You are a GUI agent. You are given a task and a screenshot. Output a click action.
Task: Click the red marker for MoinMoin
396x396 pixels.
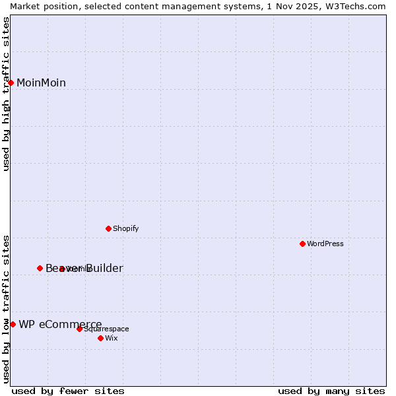point(11,82)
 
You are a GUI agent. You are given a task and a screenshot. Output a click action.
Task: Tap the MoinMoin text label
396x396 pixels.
point(41,82)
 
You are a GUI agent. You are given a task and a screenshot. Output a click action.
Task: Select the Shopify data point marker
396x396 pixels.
point(108,228)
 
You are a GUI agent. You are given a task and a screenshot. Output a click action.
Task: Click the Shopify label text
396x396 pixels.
point(125,229)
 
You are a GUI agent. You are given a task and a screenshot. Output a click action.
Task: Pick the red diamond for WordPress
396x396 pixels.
point(302,244)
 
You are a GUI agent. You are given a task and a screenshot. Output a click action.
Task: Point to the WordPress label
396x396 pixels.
point(325,244)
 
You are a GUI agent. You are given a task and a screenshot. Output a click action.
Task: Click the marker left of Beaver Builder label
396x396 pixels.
point(40,268)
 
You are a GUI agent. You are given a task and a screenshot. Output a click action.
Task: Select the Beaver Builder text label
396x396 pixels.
point(84,268)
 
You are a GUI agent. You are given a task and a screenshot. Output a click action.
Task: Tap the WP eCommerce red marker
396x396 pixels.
point(13,324)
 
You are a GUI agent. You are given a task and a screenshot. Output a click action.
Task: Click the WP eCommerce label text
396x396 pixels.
point(60,324)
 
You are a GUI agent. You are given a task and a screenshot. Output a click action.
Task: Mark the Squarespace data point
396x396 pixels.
point(79,329)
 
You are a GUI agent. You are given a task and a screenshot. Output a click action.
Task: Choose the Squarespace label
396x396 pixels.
point(107,329)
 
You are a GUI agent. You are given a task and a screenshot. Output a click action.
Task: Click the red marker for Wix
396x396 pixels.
point(100,338)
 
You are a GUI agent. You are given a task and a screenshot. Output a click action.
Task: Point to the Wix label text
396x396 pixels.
point(112,339)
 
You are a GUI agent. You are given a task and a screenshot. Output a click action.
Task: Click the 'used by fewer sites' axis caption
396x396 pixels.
point(68,391)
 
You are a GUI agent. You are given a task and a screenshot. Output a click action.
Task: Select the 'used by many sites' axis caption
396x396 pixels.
point(331,391)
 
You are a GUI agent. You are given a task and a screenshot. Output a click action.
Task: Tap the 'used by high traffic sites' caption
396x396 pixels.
point(7,94)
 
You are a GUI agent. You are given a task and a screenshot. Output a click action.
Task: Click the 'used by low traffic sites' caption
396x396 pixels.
point(7,308)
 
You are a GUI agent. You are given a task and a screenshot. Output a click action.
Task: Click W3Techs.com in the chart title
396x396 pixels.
point(354,6)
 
